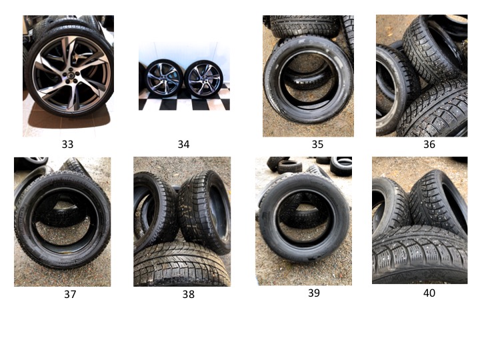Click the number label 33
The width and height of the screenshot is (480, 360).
click(x=67, y=144)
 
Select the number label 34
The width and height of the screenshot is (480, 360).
click(x=184, y=144)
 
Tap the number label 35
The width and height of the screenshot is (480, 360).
click(x=317, y=144)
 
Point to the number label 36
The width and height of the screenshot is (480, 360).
click(x=429, y=144)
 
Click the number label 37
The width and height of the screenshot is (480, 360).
click(x=70, y=294)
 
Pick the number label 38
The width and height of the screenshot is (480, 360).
click(x=189, y=294)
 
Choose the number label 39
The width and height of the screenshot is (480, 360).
click(x=314, y=293)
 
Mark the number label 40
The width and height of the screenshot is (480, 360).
click(x=429, y=293)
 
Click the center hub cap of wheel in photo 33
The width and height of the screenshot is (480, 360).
click(x=70, y=75)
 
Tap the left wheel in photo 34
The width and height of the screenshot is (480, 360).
click(x=164, y=78)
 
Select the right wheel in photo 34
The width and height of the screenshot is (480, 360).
click(x=203, y=79)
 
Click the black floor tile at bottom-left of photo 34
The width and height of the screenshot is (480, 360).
click(x=143, y=104)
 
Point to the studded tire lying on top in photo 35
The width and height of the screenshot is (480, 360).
click(x=305, y=26)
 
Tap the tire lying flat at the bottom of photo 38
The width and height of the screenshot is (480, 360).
click(x=182, y=265)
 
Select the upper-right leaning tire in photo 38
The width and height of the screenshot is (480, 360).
click(x=205, y=211)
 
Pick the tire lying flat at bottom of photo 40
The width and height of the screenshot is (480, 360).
click(x=419, y=254)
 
